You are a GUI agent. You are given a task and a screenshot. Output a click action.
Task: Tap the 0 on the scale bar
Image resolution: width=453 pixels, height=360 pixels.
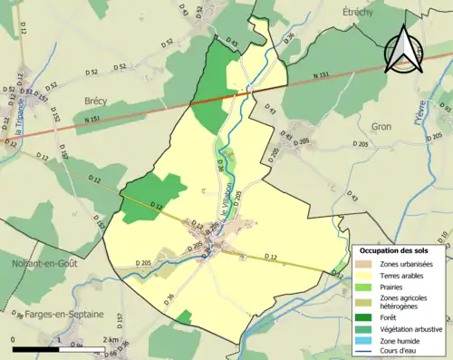tap(13, 339)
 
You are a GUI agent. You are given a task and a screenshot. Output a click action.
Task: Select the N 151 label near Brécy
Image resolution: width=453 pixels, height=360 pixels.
tap(92, 120)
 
